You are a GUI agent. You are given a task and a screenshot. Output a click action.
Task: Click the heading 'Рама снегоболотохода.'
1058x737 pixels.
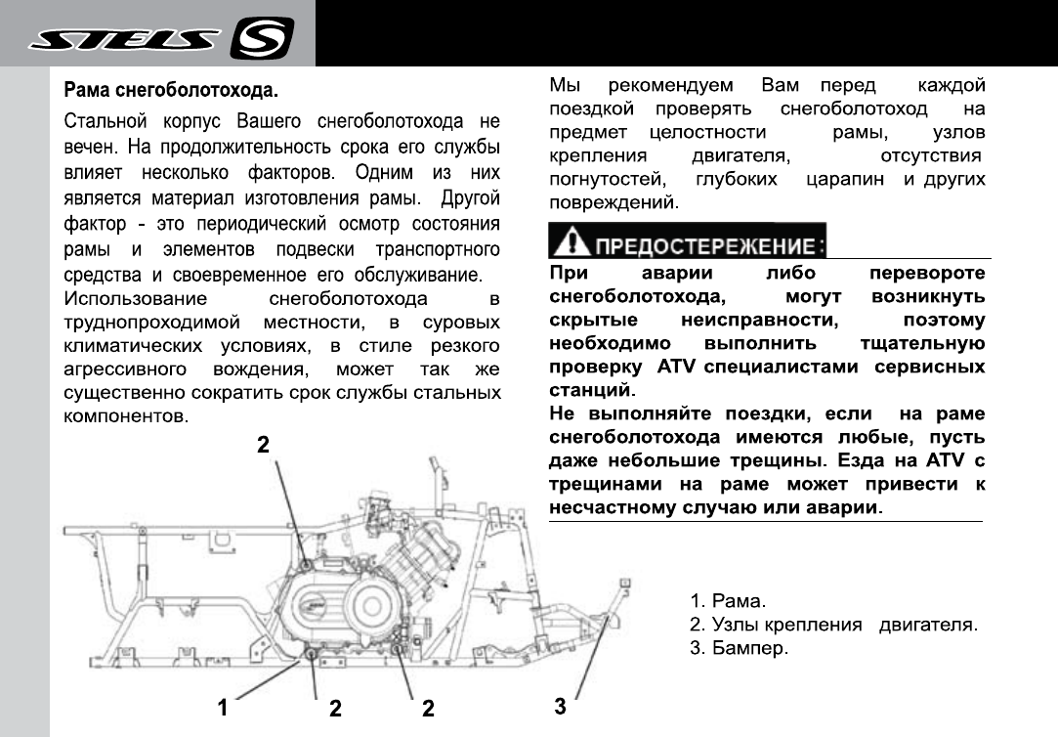[171, 92]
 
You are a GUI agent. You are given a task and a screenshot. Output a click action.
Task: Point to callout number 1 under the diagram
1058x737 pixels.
[223, 707]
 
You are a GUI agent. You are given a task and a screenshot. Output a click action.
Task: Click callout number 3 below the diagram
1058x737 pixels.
[559, 705]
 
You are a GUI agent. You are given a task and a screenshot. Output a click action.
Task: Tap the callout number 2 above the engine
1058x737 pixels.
[262, 444]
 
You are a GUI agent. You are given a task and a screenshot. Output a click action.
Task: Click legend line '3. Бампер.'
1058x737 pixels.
[739, 649]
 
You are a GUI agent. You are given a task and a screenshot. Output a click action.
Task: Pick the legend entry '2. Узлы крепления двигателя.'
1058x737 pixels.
[833, 625]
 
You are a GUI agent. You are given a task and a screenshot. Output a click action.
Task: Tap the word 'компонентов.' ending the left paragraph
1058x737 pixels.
[125, 416]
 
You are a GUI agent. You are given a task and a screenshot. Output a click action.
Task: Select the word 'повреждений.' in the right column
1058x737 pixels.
[613, 204]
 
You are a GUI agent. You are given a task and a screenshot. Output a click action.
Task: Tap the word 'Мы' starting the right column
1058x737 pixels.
[564, 85]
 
